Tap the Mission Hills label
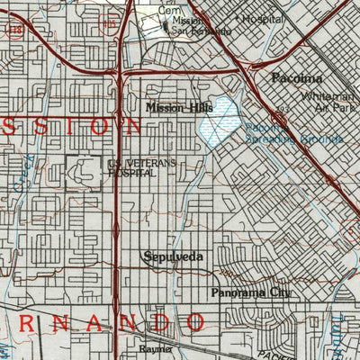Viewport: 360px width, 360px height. (176, 107)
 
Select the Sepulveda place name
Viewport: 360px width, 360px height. (174, 257)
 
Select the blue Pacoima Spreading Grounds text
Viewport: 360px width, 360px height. (292, 134)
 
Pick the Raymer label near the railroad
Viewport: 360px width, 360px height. (155, 347)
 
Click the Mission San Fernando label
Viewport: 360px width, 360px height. (200, 25)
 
